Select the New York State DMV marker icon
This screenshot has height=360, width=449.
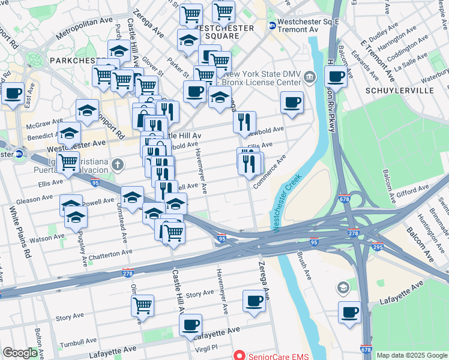tap(310, 76)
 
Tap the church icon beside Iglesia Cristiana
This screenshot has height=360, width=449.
tap(119, 164)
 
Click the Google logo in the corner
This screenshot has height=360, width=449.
tap(20, 353)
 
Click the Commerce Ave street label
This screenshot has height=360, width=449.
tap(270, 171)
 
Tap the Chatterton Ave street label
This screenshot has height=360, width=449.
tap(106, 254)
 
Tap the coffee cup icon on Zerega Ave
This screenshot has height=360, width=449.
tap(255, 301)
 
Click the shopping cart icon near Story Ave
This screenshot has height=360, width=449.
tap(143, 305)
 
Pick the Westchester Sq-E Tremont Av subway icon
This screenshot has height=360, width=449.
tap(272, 26)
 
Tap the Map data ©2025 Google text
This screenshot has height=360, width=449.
tap(412, 355)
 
